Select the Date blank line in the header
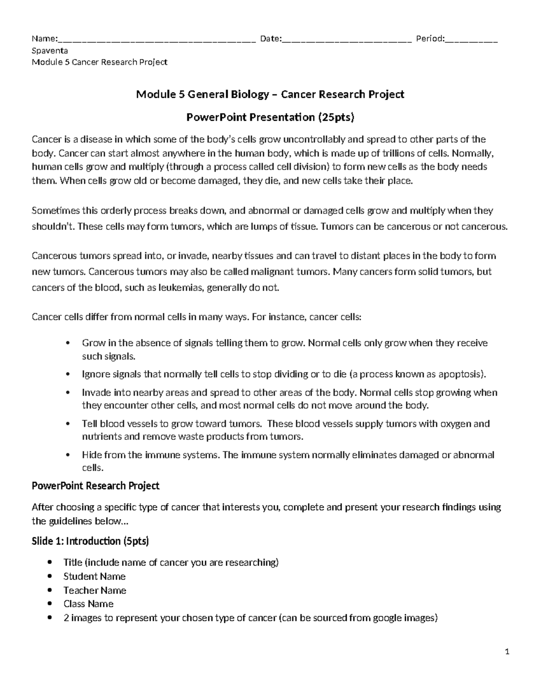coord(346,40)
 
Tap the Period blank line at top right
coord(471,40)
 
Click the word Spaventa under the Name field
coord(50,50)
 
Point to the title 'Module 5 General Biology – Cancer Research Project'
coord(270,94)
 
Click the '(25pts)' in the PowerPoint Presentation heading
coord(336,118)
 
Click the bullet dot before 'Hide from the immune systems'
coord(68,455)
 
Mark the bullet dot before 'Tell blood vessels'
coord(68,424)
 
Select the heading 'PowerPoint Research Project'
coord(96,486)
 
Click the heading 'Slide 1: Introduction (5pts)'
coord(90,541)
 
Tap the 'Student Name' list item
coord(94,576)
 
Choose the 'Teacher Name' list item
coord(95,590)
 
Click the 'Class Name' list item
coord(88,604)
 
